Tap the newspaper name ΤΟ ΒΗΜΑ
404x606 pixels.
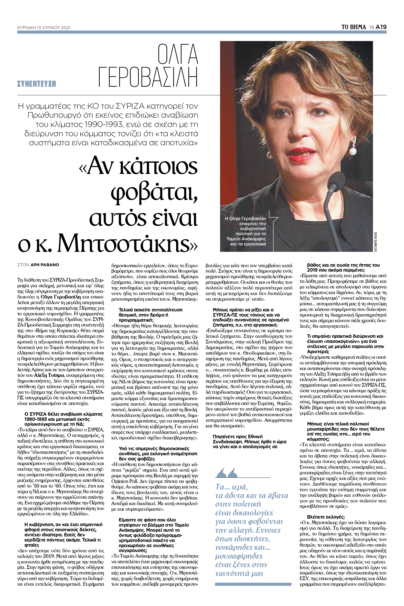(x=353, y=27)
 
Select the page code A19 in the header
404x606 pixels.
(x=381, y=27)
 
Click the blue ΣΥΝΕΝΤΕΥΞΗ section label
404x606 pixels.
(x=36, y=84)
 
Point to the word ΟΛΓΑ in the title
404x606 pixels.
(x=178, y=54)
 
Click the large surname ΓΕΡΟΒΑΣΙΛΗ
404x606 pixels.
(x=148, y=77)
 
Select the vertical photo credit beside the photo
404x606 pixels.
(x=376, y=241)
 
